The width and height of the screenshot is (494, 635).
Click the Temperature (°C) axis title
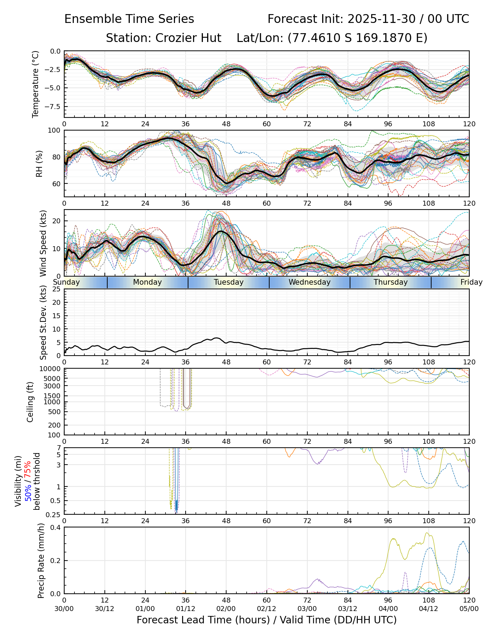pyautogui.click(x=35, y=84)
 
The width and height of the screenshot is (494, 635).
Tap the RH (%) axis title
pyautogui.click(x=39, y=163)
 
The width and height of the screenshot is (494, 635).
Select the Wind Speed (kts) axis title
pyautogui.click(x=43, y=243)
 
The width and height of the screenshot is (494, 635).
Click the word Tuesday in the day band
pyautogui.click(x=229, y=282)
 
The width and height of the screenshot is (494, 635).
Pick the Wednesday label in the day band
pyautogui.click(x=309, y=282)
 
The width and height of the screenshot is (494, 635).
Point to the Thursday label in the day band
pyautogui.click(x=391, y=282)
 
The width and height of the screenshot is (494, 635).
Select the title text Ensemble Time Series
pyautogui.click(x=129, y=19)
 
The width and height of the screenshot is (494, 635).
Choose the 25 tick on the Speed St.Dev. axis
pyautogui.click(x=56, y=289)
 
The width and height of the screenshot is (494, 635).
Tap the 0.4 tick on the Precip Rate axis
pyautogui.click(x=56, y=527)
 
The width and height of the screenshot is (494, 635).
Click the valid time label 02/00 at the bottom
pyautogui.click(x=226, y=609)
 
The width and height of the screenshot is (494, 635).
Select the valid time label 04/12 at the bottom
pyautogui.click(x=429, y=609)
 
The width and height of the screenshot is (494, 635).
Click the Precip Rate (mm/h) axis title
pyautogui.click(x=41, y=561)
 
